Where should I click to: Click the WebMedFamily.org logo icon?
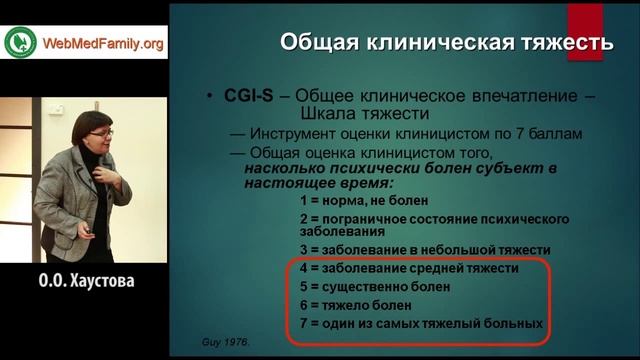[x=18, y=43]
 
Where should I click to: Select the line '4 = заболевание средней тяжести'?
[x=408, y=269]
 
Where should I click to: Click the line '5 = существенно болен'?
[x=375, y=287]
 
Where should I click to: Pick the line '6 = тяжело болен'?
[x=353, y=305]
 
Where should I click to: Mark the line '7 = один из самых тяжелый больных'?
[x=420, y=323]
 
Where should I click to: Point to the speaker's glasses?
[x=102, y=133]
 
